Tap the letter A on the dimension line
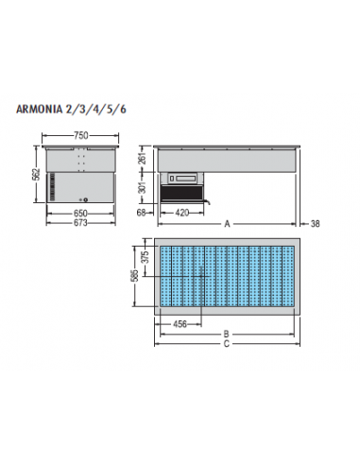227,225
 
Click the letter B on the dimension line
227,334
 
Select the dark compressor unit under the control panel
183,193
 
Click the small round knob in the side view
85,198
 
